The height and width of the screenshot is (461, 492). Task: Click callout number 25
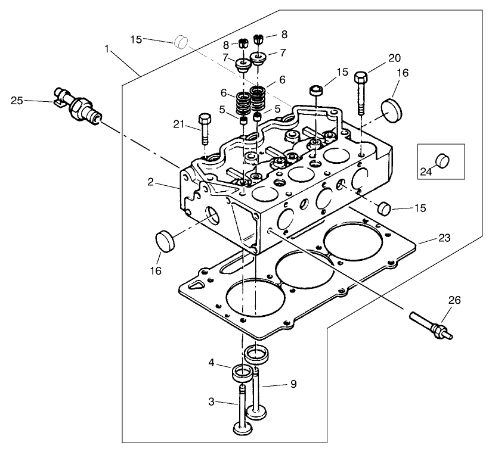17,101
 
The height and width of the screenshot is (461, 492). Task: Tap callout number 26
454,300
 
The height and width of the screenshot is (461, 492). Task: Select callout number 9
293,385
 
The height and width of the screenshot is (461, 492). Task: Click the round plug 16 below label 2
166,242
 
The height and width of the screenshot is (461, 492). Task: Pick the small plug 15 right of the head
385,208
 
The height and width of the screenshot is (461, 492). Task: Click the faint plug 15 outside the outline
181,42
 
